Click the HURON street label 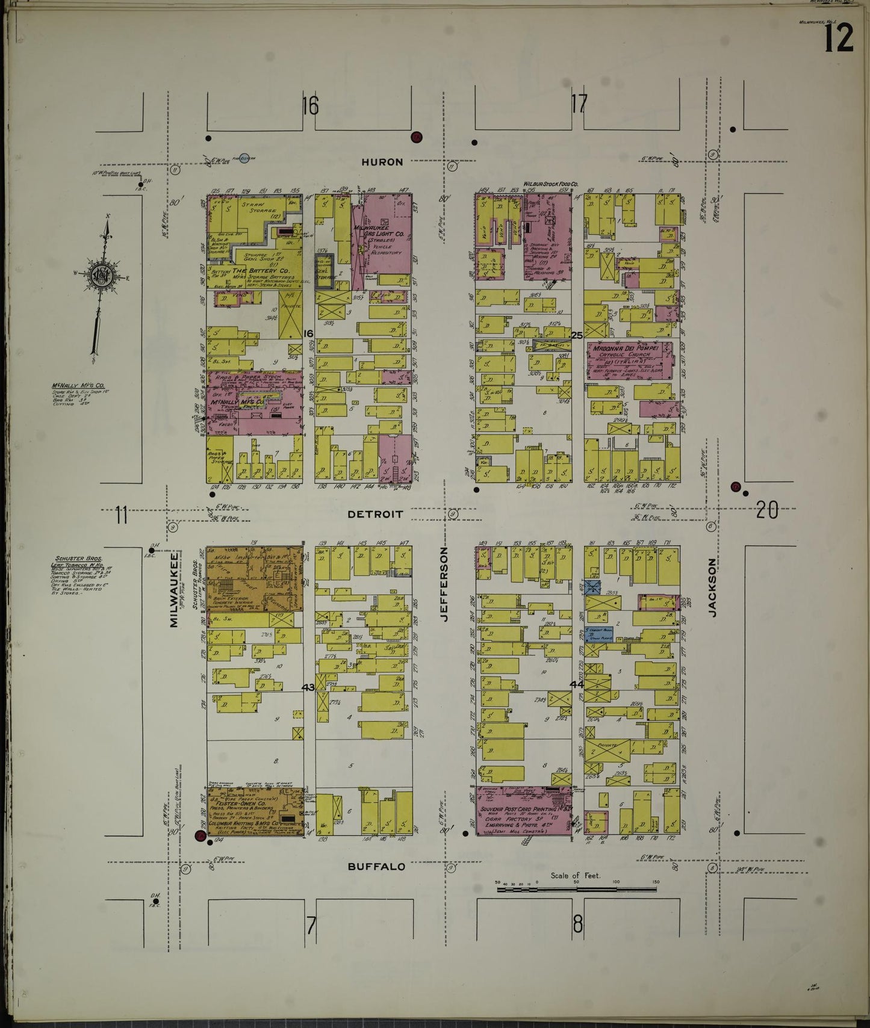pos(382,162)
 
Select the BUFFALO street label pos(376,867)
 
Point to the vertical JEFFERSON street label pos(446,584)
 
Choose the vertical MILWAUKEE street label pos(174,590)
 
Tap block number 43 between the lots pos(308,687)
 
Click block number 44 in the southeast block pos(576,684)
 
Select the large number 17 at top pos(578,105)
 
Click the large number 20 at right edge pos(766,510)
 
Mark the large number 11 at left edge pos(122,515)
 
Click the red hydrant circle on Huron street pos(417,137)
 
